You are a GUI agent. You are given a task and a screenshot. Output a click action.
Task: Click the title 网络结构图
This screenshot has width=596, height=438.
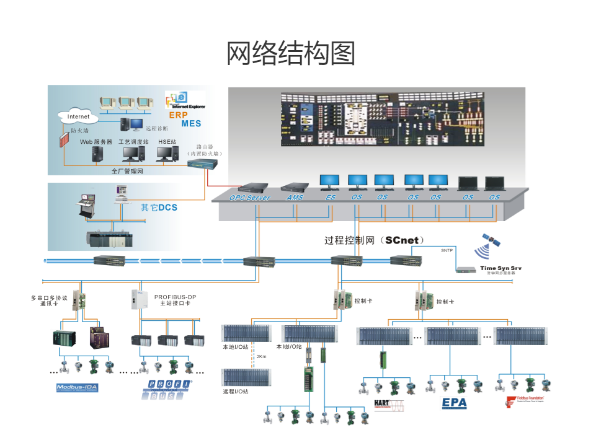pos(291,55)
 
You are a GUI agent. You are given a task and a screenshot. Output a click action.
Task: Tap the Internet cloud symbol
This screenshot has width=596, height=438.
pos(78,116)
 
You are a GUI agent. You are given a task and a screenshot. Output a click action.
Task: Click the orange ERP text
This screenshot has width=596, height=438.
pos(179,115)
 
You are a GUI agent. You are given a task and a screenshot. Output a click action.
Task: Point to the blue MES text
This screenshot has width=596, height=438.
pos(191,124)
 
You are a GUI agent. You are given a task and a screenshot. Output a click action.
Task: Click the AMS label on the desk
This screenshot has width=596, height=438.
pos(295,198)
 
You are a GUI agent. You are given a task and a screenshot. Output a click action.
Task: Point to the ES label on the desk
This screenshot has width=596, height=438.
pos(330,198)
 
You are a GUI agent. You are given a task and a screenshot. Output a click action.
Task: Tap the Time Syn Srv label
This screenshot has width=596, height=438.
pos(501,268)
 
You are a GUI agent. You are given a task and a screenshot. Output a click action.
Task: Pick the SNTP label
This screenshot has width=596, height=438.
pos(447,251)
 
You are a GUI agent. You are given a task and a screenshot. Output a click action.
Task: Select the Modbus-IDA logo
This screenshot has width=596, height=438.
pos(78,388)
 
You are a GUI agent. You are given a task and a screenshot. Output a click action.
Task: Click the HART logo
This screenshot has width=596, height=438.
pos(389,404)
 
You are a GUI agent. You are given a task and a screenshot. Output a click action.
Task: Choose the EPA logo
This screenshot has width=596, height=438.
pos(453,403)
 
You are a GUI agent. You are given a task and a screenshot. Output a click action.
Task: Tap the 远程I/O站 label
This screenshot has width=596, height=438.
pos(236,392)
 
